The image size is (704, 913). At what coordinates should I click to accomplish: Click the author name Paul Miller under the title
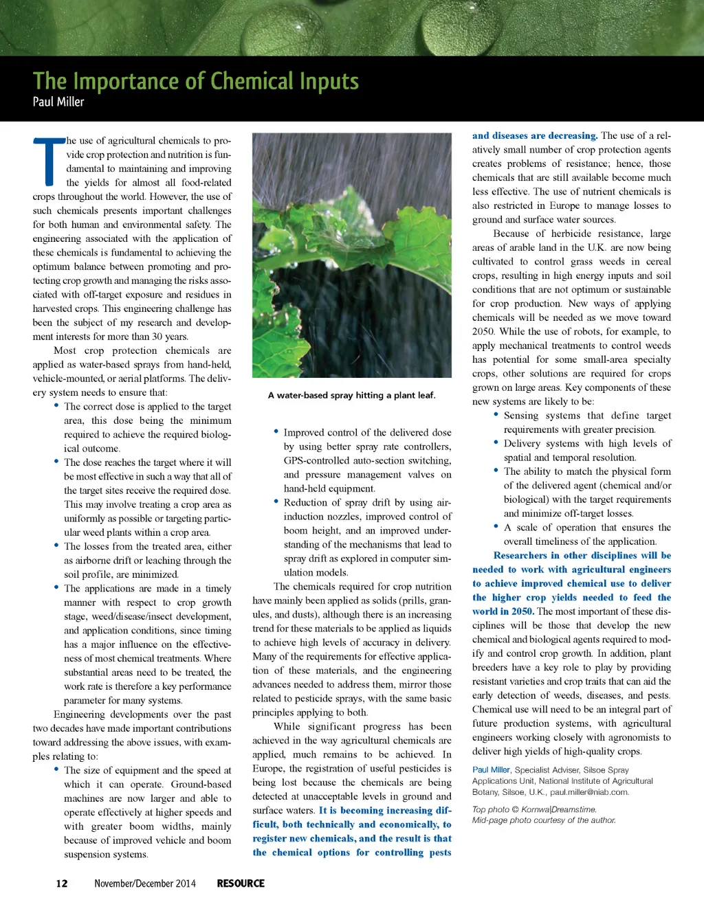point(58,102)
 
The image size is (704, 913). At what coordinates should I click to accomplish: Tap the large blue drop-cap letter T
point(49,161)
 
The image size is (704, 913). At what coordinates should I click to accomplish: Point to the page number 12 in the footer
point(62,883)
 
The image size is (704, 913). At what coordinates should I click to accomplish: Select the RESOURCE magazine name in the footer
point(241,883)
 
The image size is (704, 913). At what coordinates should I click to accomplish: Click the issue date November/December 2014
point(145,883)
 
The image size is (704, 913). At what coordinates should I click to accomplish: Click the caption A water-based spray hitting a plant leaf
point(351,395)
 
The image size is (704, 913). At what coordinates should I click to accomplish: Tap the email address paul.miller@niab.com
point(589,792)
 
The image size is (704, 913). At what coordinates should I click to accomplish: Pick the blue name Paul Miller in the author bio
point(491,770)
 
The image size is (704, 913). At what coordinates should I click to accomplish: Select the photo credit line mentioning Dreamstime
point(534,809)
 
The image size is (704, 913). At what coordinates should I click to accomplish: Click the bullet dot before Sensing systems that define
point(496,414)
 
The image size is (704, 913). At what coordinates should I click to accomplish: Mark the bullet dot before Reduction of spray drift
point(276,501)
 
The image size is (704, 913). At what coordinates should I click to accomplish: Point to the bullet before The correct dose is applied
point(56,405)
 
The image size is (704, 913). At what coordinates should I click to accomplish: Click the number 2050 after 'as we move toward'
point(483,331)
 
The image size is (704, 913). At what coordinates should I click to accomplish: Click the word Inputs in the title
point(328,82)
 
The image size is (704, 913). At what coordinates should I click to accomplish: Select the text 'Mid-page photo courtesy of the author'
point(544,820)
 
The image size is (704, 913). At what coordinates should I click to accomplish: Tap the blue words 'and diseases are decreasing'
point(534,135)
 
